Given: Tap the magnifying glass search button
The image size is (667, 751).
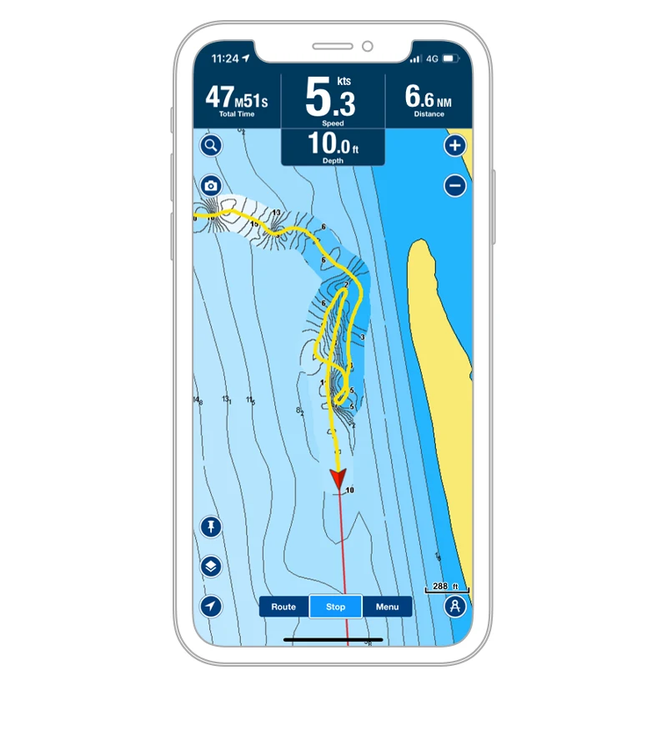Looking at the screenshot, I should click(211, 146).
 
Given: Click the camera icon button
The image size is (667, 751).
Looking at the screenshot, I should click(211, 186).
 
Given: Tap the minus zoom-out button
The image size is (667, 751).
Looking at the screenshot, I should click(454, 185).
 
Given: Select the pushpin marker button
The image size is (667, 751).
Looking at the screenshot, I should click(211, 527).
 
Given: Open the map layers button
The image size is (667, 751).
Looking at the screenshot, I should click(211, 567).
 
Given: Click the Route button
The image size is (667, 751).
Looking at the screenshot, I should click(283, 607).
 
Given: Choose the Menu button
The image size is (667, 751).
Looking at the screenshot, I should click(387, 607).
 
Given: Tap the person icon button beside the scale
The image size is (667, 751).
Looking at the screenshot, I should click(454, 607).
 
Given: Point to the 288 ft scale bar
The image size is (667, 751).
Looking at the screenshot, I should click(448, 588).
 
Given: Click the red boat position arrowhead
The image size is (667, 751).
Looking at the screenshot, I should click(338, 478).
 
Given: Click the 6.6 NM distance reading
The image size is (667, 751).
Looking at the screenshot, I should click(428, 98).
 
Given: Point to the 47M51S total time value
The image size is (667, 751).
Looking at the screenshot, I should click(237, 98).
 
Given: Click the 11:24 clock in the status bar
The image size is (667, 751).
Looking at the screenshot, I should click(225, 59).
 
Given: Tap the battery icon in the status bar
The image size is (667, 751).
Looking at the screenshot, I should click(450, 59).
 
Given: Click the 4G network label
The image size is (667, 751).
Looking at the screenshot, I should click(432, 59).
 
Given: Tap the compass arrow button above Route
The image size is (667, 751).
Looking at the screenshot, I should click(211, 607).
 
